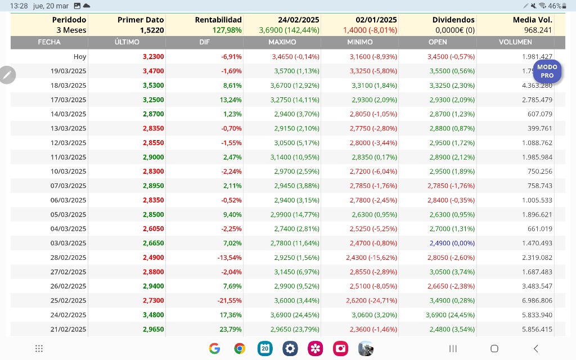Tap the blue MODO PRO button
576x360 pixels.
[x=547, y=71]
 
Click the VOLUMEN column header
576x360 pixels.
[x=515, y=42]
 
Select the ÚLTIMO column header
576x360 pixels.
[x=127, y=42]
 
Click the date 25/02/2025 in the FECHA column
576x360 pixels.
[x=68, y=300]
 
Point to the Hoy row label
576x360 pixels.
[x=80, y=57]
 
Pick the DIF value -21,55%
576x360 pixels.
[x=229, y=300]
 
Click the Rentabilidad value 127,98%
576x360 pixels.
[x=227, y=30]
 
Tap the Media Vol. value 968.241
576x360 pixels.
[x=538, y=30]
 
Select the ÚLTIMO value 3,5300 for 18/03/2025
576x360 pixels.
[x=154, y=85]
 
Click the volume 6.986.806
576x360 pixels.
[x=537, y=300]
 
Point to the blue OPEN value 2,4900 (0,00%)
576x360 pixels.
[x=452, y=243]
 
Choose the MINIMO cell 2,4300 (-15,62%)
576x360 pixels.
[x=371, y=258]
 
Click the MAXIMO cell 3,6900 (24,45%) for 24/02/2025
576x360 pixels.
[x=295, y=315]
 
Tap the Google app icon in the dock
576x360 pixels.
[x=214, y=348]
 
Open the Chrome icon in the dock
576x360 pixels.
[x=240, y=348]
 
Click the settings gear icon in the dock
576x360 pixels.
[x=290, y=348]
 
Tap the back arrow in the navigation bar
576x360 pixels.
[x=536, y=348]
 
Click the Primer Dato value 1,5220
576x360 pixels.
[x=152, y=30]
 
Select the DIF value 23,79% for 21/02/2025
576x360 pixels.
[x=230, y=330]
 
